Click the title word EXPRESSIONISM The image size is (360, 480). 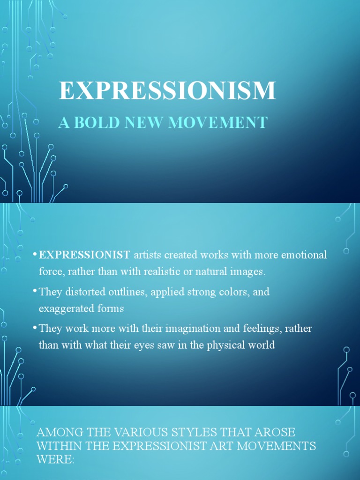tap(167, 90)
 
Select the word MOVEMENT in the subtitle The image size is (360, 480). tap(217, 123)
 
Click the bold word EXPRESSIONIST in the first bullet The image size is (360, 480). tap(84, 255)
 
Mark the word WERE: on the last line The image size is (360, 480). tap(55, 459)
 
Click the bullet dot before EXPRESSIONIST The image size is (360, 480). tap(35, 254)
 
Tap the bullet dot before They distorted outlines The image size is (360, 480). tap(35, 291)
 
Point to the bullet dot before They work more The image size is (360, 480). tap(35, 327)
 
